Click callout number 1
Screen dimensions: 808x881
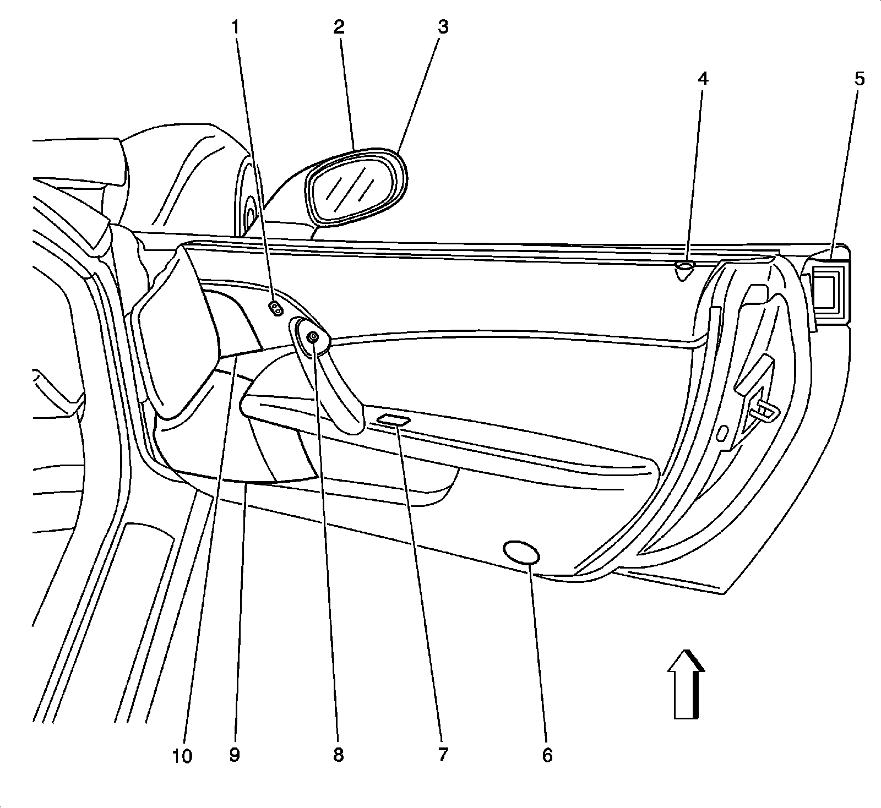click(x=236, y=27)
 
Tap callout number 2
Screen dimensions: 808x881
click(x=338, y=27)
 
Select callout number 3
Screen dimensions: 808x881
click(x=442, y=27)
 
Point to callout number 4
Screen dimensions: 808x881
click(x=702, y=79)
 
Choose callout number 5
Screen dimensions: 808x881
click(x=859, y=79)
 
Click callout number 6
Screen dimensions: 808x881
click(x=546, y=756)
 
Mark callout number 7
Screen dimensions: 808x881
click(x=443, y=756)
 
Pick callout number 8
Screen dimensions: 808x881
click(x=338, y=756)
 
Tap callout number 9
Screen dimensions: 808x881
click(x=235, y=756)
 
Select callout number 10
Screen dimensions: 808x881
click(x=182, y=757)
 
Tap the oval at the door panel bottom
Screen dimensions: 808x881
click(x=521, y=552)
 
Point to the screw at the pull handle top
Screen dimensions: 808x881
click(x=312, y=337)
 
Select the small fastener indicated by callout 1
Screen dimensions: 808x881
click(x=276, y=308)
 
